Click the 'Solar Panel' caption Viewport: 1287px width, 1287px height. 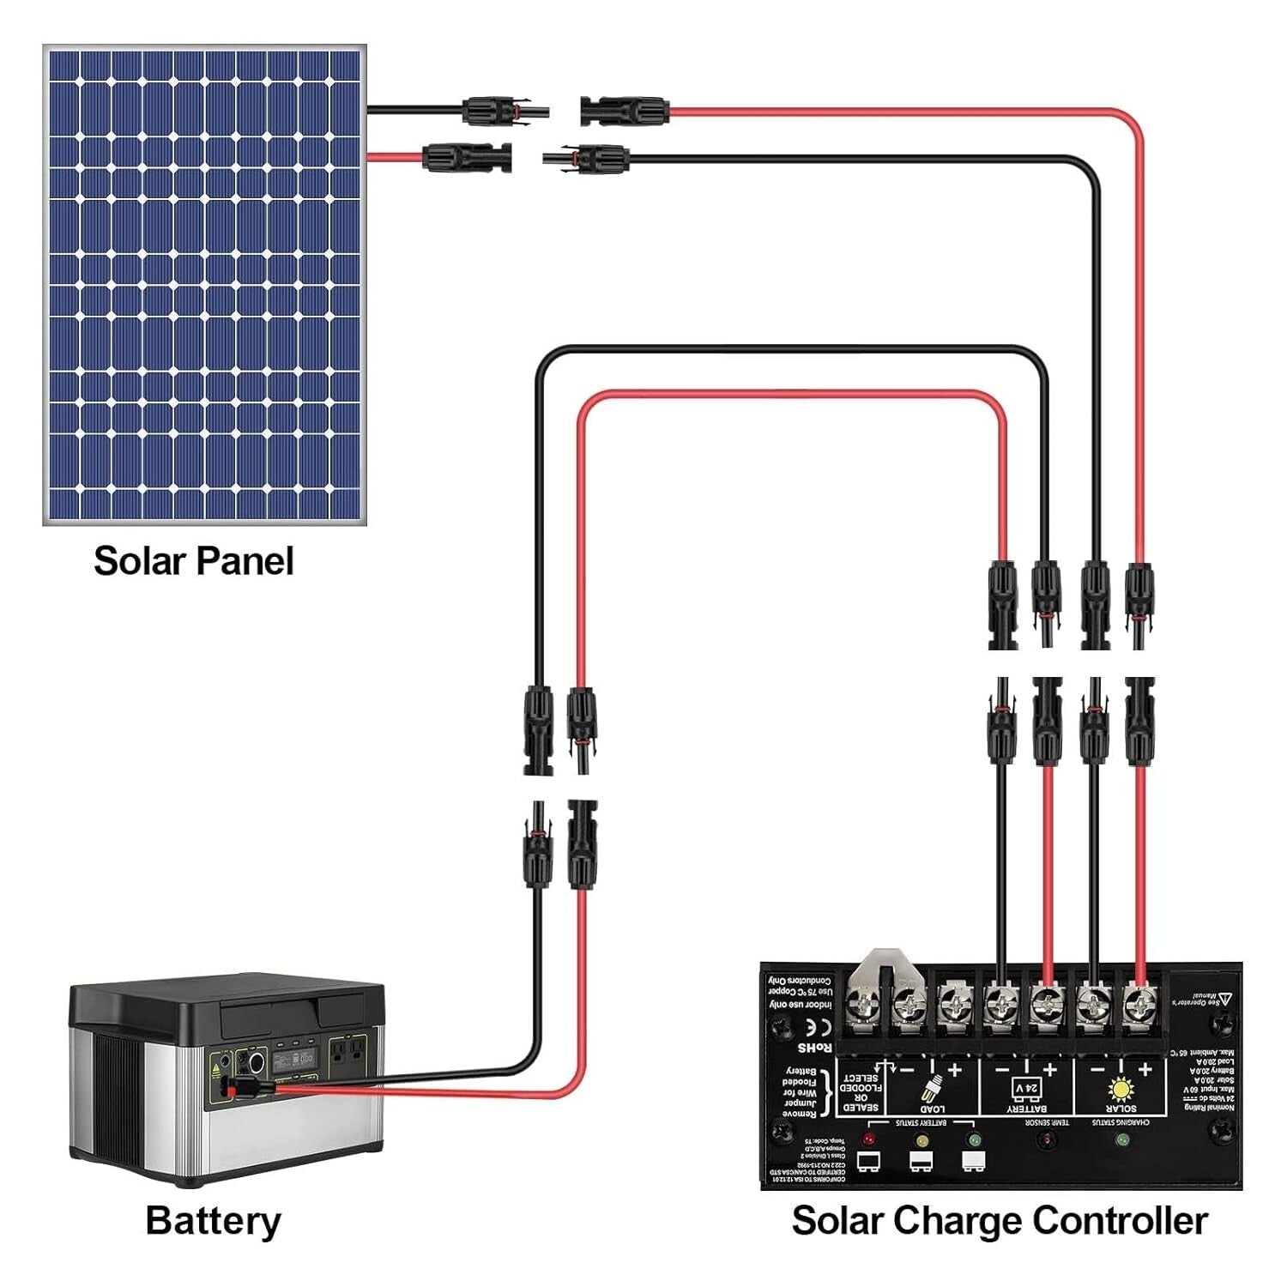pos(193,561)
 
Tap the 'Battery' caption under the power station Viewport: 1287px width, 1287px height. pos(213,1220)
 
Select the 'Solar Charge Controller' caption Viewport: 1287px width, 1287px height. pos(1000,1220)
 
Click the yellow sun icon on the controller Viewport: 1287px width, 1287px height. pos(1121,1089)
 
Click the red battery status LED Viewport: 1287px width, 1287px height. pos(868,1139)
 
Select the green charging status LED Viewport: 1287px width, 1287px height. pos(1121,1139)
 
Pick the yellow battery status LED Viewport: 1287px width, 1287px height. pos(921,1140)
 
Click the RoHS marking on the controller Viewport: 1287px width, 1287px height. pos(814,1048)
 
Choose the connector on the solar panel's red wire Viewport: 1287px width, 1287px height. pos(468,158)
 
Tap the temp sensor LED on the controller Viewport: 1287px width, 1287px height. pos(1047,1139)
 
